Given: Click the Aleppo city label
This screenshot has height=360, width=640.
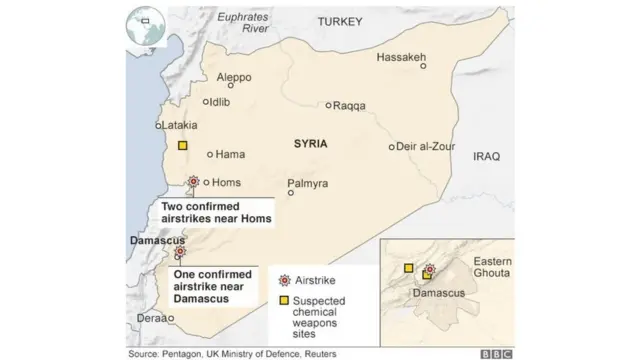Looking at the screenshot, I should [234, 76].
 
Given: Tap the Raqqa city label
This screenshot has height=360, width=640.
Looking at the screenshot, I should [348, 106].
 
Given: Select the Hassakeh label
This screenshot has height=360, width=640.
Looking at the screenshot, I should [402, 57].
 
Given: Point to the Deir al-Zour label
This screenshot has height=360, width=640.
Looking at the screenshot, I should [426, 146].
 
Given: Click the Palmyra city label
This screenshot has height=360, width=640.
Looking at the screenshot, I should [306, 183].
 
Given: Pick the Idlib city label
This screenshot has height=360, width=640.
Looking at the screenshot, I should [222, 102].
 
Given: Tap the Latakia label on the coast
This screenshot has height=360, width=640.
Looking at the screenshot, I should [181, 125].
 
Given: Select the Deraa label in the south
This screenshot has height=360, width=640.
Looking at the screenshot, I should [152, 319].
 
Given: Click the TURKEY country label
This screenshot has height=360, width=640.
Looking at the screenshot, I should [340, 21].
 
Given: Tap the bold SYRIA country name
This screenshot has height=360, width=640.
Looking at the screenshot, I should [311, 144].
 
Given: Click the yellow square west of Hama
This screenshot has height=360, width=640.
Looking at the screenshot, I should [182, 146].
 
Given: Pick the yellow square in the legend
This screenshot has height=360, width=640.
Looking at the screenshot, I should [284, 300].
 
